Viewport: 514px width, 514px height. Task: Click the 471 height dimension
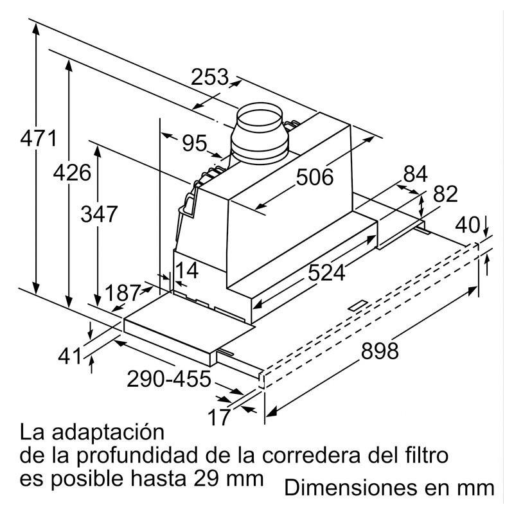tap(39, 138)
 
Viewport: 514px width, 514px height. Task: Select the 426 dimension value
tap(72, 173)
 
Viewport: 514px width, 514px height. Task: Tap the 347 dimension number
tap(99, 214)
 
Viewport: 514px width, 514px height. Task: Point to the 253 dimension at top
tap(209, 77)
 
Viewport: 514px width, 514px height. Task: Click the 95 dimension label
tap(195, 143)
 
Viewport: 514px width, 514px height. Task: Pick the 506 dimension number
tap(315, 177)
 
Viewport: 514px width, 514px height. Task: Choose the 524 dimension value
tap(326, 272)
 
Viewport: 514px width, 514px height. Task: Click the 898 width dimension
tap(380, 350)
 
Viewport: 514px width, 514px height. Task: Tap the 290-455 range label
tap(169, 378)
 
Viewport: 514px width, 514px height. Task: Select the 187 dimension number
tap(123, 293)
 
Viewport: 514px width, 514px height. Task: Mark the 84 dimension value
tap(415, 174)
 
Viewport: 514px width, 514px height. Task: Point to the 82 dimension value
tap(445, 194)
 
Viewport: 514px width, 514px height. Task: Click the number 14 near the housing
tap(188, 270)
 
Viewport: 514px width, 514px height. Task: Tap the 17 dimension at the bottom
tap(218, 417)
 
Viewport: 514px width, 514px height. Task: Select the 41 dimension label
tap(69, 356)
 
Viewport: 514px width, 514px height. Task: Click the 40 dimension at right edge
tap(467, 226)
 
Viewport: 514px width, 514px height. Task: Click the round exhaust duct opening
tap(260, 118)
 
